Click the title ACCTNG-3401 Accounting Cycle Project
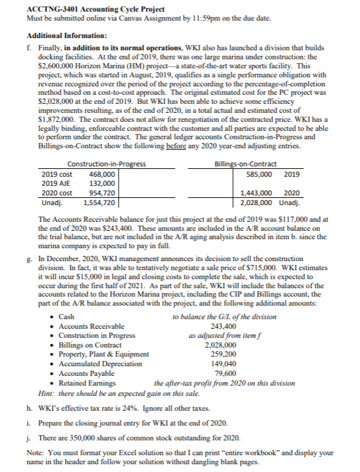coord(87,8)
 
